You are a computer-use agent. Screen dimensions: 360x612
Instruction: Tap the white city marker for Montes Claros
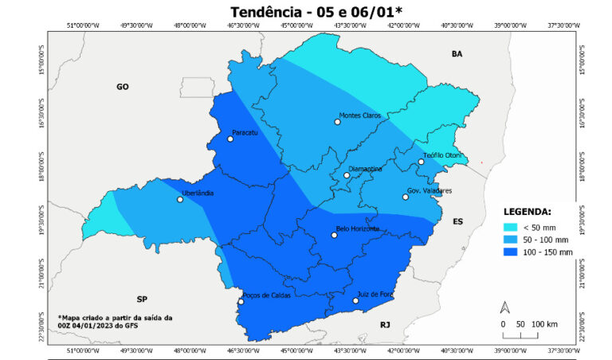click(337, 122)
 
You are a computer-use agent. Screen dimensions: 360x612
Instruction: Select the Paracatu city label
click(245, 132)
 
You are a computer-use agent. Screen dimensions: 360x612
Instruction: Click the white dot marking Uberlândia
click(180, 199)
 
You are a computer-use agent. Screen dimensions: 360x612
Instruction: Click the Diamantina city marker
click(347, 175)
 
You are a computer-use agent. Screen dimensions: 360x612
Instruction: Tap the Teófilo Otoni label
click(443, 155)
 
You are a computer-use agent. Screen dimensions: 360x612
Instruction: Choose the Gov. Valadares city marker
click(406, 197)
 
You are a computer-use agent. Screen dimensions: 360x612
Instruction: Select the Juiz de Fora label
click(375, 294)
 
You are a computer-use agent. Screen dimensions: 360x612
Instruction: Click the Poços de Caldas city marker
click(241, 301)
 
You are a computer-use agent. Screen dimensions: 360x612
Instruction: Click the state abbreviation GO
click(122, 86)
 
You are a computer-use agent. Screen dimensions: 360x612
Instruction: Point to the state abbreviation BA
click(457, 54)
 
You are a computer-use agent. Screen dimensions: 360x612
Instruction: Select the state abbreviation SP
click(142, 299)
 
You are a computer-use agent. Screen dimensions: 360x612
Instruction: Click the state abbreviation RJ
click(385, 324)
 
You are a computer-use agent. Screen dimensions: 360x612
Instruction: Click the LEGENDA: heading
click(526, 212)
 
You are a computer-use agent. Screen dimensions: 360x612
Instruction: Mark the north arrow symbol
click(504, 307)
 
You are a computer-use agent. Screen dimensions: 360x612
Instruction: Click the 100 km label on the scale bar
click(544, 324)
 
